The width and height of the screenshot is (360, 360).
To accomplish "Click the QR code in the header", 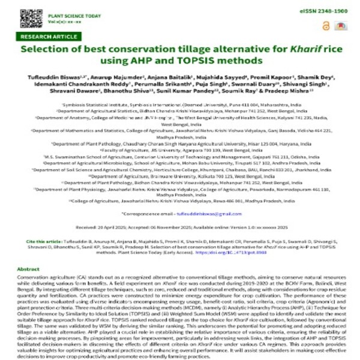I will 28,18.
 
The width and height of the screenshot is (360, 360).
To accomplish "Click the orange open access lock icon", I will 326,26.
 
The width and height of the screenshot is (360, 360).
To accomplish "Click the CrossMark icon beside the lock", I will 340,26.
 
